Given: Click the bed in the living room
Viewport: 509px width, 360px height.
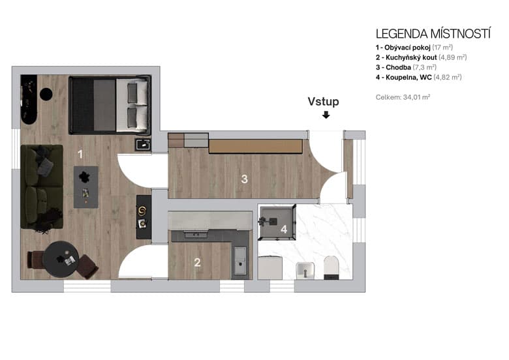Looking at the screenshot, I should [x=110, y=105].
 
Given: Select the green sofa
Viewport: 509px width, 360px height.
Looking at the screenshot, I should [x=41, y=187].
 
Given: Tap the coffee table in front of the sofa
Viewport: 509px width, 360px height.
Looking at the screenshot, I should [x=86, y=187].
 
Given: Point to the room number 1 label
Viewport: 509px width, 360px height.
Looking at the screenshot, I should [x=80, y=154].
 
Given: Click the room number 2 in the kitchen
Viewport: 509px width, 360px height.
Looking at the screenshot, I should [x=196, y=263].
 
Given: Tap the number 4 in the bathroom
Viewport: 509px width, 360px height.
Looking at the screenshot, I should [x=283, y=229].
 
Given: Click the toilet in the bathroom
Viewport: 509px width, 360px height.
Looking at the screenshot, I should [x=331, y=267].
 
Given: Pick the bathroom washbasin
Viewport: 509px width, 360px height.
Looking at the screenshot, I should [x=305, y=269].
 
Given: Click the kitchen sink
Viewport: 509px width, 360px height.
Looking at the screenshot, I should [x=239, y=259].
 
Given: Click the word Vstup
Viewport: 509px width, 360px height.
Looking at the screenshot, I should [x=324, y=102].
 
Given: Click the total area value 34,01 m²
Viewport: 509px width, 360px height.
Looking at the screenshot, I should [x=417, y=97].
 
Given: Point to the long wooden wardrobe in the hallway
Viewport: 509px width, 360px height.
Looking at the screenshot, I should [x=255, y=146].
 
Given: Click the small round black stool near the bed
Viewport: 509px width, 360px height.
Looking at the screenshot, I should [x=46, y=94].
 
